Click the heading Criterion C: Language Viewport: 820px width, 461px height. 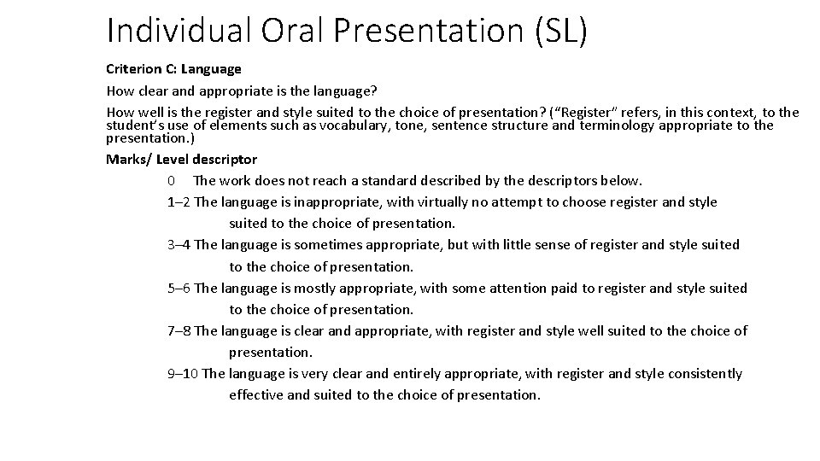(x=173, y=68)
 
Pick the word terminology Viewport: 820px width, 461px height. (x=623, y=125)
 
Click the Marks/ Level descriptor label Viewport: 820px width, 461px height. (x=181, y=159)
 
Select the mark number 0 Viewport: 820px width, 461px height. (x=172, y=180)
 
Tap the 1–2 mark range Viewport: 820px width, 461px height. (x=179, y=202)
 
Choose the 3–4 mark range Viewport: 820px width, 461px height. (x=179, y=245)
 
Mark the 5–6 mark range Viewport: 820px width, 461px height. (x=179, y=288)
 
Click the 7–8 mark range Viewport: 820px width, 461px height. (x=179, y=330)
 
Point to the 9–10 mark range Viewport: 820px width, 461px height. (x=184, y=373)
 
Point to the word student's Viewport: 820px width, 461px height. (x=132, y=125)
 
